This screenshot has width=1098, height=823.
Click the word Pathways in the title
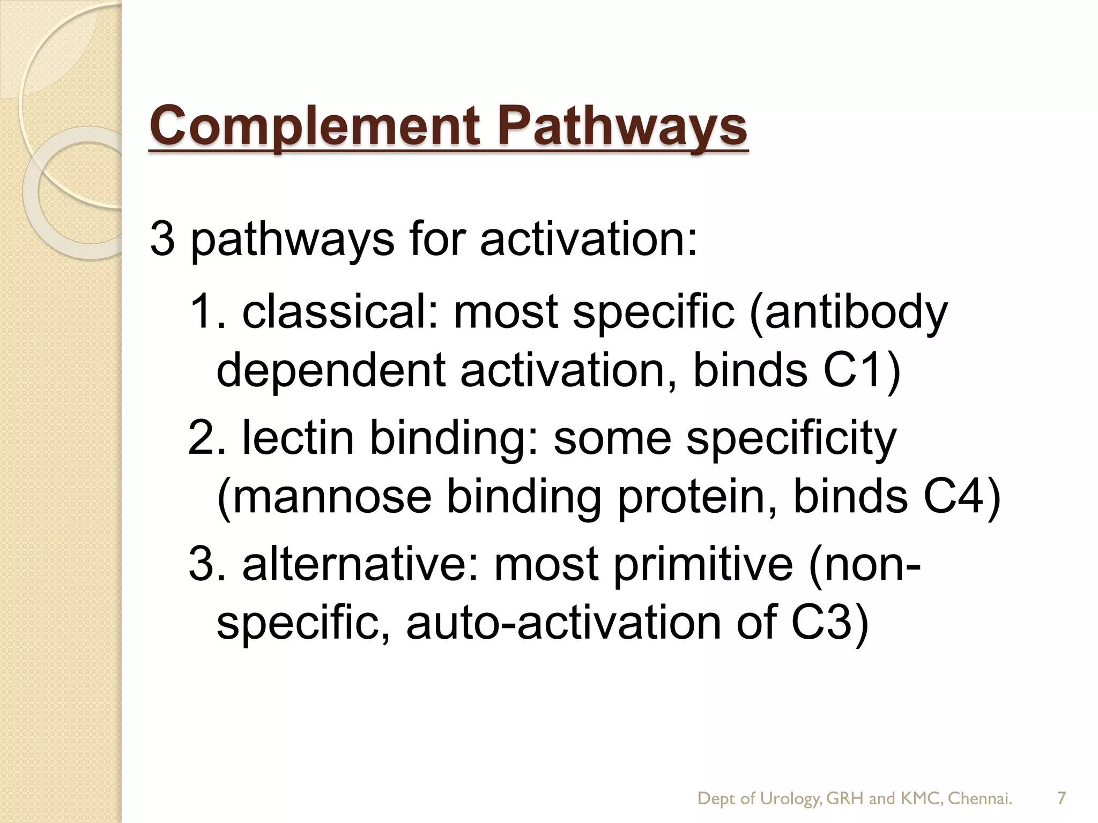pyautogui.click(x=622, y=126)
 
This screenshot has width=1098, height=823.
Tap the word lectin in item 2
pyautogui.click(x=298, y=438)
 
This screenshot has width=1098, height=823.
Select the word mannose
pyautogui.click(x=324, y=497)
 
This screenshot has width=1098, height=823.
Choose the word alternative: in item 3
pyautogui.click(x=360, y=565)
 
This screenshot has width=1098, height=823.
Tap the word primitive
pyautogui.click(x=703, y=565)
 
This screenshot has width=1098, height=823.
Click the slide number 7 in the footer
pyautogui.click(x=1061, y=798)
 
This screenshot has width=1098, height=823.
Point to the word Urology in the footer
pyautogui.click(x=790, y=799)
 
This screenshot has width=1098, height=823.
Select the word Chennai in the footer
pyautogui.click(x=978, y=798)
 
